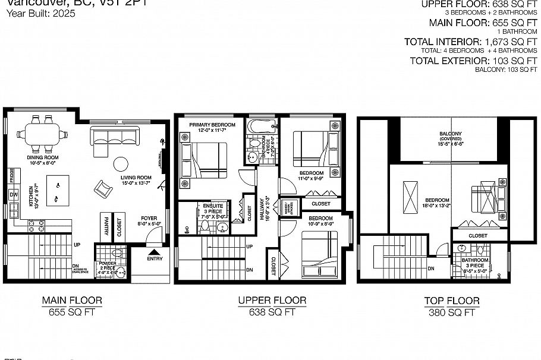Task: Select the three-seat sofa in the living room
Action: click(x=114, y=137)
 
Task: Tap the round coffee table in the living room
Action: click(x=122, y=163)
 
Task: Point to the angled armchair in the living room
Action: click(x=103, y=190)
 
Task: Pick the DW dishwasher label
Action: click(x=13, y=195)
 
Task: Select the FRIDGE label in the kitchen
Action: click(x=12, y=176)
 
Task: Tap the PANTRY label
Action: click(x=105, y=226)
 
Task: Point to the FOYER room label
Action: click(x=149, y=218)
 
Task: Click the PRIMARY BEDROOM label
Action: click(x=212, y=125)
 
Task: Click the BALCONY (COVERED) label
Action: click(x=450, y=136)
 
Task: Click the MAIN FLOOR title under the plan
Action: click(x=73, y=301)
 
